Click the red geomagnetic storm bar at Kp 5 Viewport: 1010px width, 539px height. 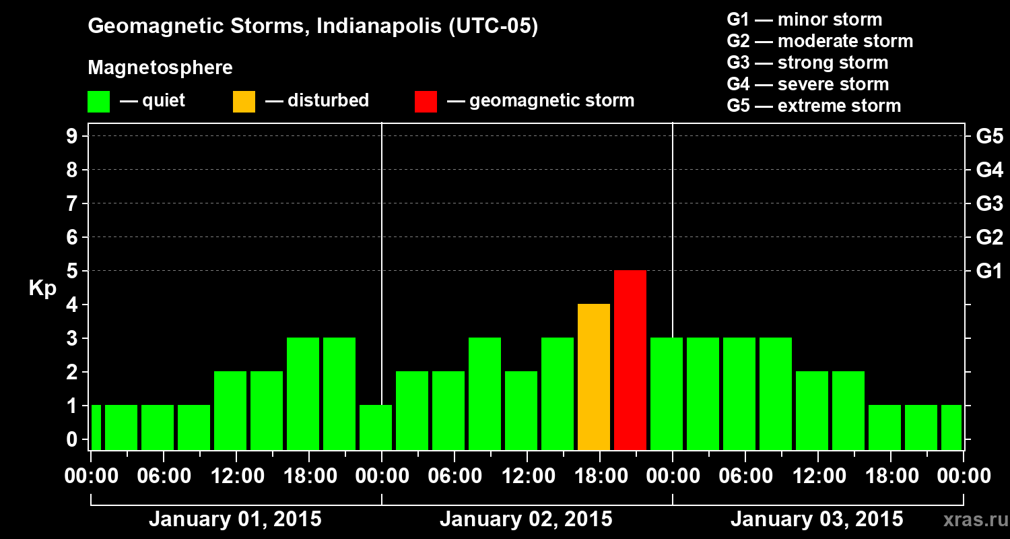[630, 360]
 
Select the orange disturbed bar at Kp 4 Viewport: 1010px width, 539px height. [594, 377]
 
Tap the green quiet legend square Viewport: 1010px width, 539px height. [98, 102]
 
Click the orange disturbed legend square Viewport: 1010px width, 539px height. [244, 102]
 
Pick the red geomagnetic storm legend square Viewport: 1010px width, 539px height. [426, 102]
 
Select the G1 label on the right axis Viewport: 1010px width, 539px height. [989, 271]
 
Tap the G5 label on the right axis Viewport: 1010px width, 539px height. [989, 136]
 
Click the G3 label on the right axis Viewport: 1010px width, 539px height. [989, 203]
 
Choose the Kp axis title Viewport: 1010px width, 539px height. [42, 288]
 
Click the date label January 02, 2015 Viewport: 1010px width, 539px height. [526, 519]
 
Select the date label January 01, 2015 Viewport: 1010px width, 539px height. [235, 519]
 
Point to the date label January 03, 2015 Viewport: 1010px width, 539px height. [817, 519]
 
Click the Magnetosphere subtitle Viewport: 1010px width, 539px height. [160, 68]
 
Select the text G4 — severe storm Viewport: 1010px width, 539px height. [807, 84]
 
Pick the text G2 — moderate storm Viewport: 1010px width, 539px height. [819, 41]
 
